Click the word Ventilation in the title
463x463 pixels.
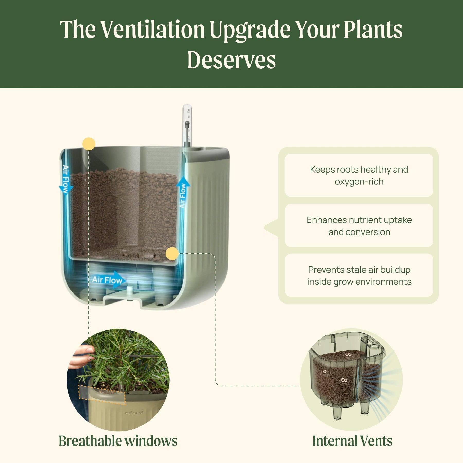(153, 30)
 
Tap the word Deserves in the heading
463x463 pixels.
(232, 60)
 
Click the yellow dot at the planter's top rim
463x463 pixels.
(89, 144)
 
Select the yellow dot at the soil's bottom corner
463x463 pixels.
(172, 254)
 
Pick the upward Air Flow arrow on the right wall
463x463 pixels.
(183, 193)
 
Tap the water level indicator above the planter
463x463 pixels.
(187, 126)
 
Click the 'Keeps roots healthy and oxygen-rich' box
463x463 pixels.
(359, 175)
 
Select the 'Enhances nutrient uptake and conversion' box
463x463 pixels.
(359, 226)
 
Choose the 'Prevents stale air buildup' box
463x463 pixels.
(359, 275)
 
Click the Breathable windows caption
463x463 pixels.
(118, 441)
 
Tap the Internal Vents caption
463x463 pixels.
(352, 441)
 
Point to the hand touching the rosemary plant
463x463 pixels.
(81, 356)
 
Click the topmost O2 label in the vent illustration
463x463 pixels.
(348, 354)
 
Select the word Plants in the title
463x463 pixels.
(373, 30)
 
